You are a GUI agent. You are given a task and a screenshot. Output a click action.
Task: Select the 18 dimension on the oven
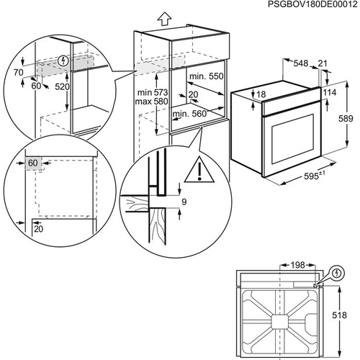[261, 94]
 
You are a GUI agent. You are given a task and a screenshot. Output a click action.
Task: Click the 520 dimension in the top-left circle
[62, 86]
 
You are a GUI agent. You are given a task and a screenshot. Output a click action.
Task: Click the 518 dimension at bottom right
[348, 315]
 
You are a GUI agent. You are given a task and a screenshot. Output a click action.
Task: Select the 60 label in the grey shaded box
[33, 163]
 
